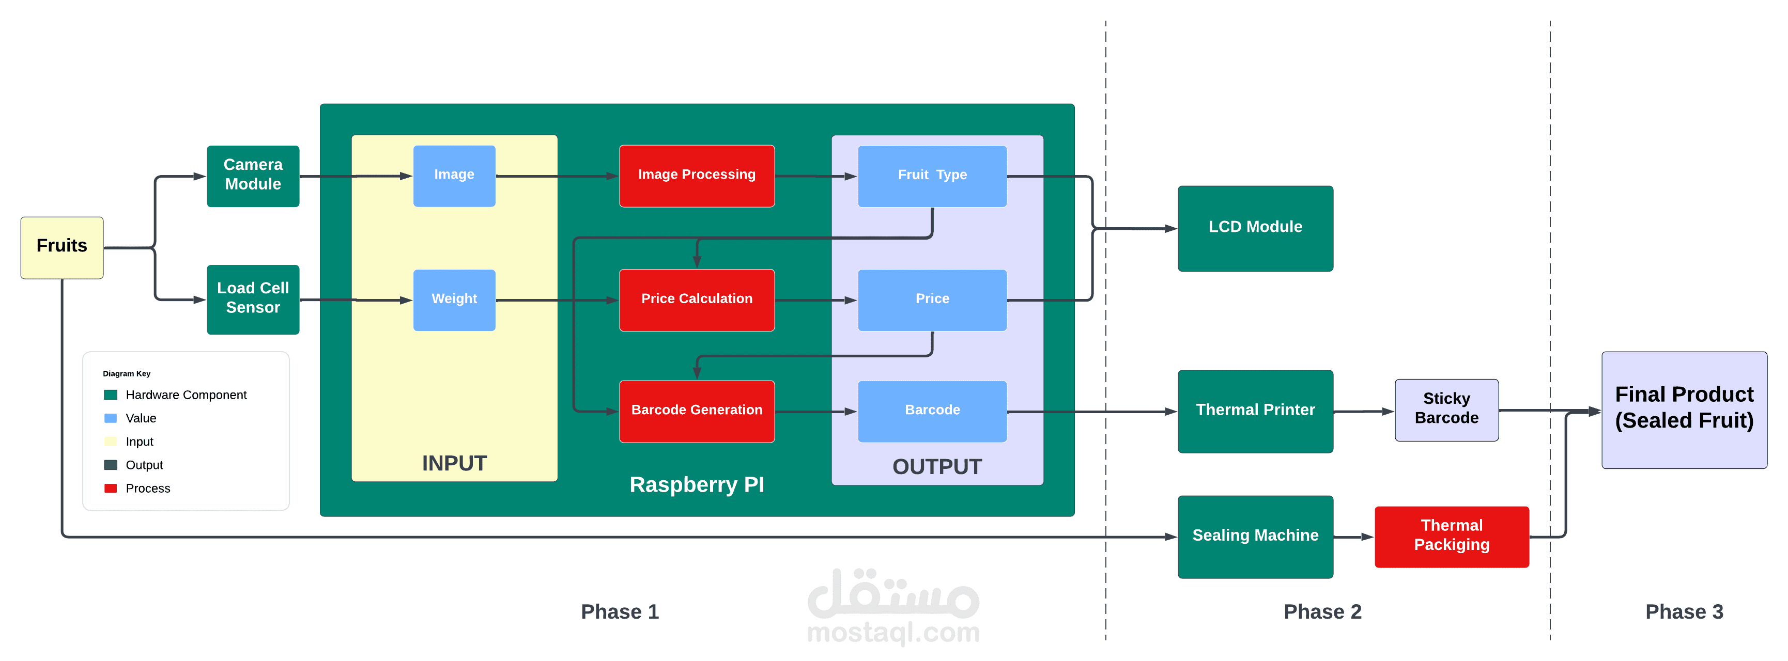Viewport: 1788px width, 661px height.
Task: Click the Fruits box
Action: [62, 247]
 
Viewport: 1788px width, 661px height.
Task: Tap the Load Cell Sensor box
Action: [253, 299]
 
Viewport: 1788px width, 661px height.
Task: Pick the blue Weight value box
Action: [454, 300]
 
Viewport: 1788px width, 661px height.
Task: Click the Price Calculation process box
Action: [696, 300]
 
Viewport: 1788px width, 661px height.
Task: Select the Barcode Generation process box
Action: [696, 411]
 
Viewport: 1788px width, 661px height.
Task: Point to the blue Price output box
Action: [932, 300]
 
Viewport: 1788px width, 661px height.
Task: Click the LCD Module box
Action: [1255, 228]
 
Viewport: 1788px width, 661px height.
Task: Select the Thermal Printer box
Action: [1255, 411]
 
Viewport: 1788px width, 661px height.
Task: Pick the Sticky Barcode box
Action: [1446, 409]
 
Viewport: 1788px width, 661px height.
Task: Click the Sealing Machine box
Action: [1255, 536]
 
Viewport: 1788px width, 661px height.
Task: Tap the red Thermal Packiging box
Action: [1452, 536]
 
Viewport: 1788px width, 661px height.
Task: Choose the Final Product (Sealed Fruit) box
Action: [1684, 409]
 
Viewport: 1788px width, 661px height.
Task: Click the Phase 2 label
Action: [1322, 612]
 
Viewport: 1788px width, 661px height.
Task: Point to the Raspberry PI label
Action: [696, 484]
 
